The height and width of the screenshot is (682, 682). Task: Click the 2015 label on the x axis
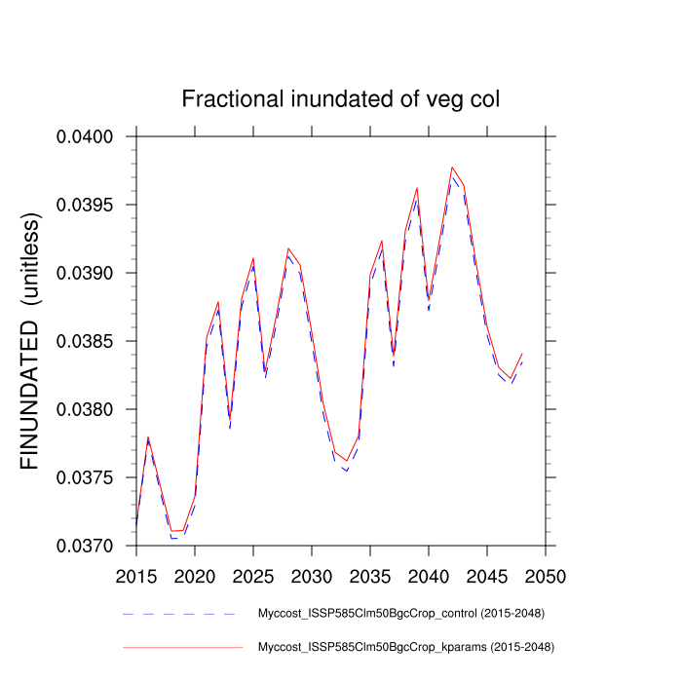tap(136, 576)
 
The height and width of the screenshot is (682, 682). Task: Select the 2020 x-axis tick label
tap(195, 576)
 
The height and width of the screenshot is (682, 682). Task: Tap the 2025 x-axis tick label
tap(253, 576)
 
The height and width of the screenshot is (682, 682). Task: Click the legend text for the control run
tap(399, 614)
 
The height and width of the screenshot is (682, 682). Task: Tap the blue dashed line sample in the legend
tap(179, 614)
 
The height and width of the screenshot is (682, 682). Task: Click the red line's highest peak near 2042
tap(452, 168)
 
